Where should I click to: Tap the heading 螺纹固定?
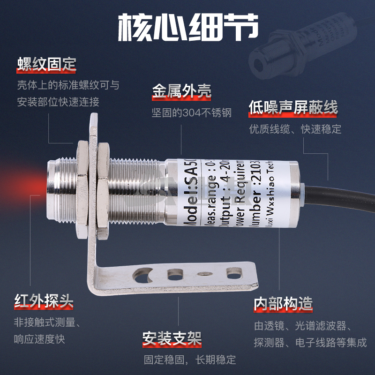46,64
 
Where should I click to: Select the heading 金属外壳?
181,91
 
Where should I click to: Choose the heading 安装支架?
172,339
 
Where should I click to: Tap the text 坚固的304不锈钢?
191,113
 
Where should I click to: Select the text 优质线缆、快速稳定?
295,129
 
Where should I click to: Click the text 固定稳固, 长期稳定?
189,360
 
